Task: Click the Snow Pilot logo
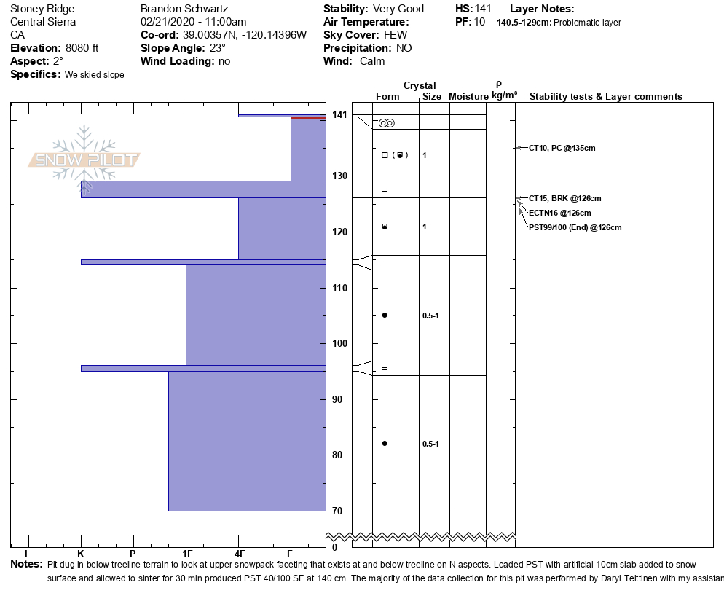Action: point(84,160)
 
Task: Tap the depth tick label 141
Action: point(339,114)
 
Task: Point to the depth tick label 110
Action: point(339,288)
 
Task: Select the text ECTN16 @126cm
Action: point(559,213)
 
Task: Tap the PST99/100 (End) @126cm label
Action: point(575,227)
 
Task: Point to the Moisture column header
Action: point(468,96)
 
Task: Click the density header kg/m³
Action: point(504,95)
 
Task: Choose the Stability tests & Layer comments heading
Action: point(605,96)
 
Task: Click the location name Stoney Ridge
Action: point(42,9)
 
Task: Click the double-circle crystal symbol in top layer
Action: point(387,123)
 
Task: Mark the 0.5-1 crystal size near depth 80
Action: point(430,444)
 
